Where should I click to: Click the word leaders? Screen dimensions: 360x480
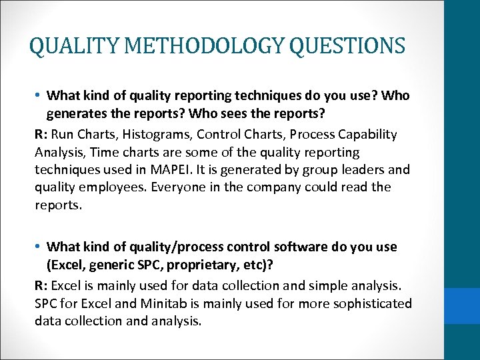[x=365, y=170]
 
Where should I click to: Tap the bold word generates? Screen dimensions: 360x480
[x=80, y=113]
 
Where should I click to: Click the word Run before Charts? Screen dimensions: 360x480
[x=63, y=134]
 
